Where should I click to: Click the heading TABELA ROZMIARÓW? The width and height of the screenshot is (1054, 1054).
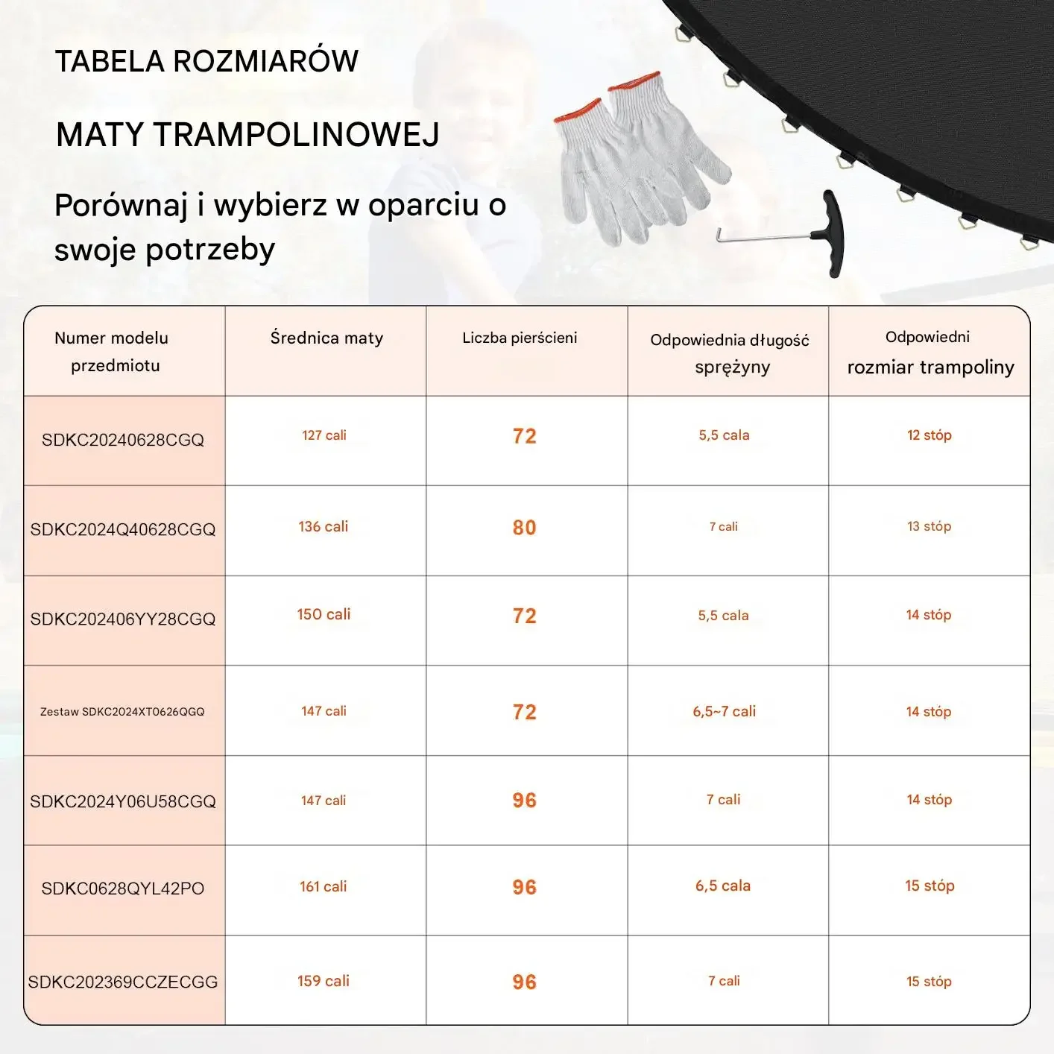(206, 61)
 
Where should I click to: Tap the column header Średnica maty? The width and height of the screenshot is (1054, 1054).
(326, 338)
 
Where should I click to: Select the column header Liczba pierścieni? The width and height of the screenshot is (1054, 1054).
(520, 338)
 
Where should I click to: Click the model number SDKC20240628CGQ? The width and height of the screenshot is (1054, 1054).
(123, 440)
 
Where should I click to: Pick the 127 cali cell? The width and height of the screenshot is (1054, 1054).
(324, 435)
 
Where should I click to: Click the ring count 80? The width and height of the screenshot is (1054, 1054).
(524, 528)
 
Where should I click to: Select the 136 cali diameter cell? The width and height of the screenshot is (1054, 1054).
(324, 526)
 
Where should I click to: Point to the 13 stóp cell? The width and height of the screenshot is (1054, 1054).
(929, 526)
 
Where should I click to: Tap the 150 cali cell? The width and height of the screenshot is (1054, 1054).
(324, 614)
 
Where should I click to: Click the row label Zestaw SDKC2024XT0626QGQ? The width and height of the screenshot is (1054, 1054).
(122, 712)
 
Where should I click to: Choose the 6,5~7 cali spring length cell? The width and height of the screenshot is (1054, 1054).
(724, 711)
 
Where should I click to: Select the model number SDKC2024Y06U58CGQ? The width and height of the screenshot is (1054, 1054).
(123, 801)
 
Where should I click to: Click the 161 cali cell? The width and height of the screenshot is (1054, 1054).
(324, 886)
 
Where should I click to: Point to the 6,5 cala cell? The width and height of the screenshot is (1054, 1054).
(723, 886)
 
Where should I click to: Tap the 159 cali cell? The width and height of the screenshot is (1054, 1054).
(324, 981)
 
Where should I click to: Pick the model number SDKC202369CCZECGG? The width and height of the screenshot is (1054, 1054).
(123, 982)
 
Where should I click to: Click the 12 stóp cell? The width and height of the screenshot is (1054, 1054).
(929, 435)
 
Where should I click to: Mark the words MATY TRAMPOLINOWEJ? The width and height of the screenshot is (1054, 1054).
(247, 135)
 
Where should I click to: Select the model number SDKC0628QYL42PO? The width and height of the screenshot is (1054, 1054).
(123, 889)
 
